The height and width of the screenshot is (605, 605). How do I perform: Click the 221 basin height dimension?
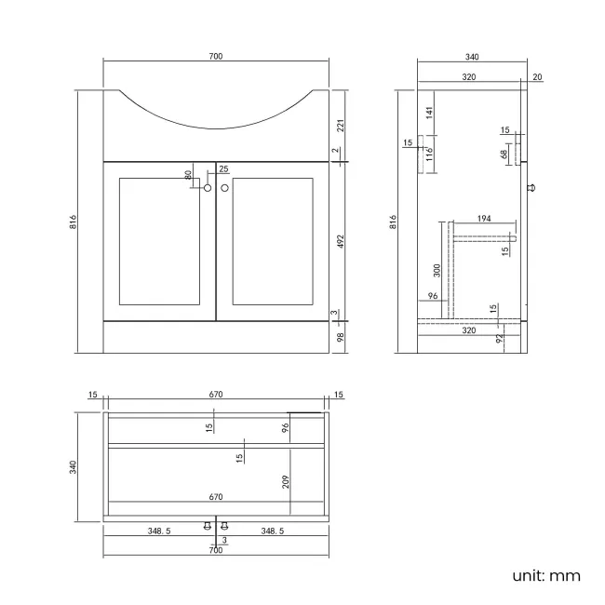pos(341,125)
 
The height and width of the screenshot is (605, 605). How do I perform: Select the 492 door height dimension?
pos(341,240)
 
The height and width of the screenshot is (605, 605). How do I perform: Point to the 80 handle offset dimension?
pos(188,174)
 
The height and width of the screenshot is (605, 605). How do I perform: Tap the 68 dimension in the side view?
pos(504,155)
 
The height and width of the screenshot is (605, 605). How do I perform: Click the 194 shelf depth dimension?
pos(483,218)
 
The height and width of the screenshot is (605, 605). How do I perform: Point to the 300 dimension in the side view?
pos(437,271)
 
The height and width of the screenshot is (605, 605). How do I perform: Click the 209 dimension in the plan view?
pos(287,481)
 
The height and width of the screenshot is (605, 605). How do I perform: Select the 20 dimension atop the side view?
pos(538,77)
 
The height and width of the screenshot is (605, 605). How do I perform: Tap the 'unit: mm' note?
pos(546,575)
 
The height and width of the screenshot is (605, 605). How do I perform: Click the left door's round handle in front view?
pos(208,188)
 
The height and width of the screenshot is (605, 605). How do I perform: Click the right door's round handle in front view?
pos(224,188)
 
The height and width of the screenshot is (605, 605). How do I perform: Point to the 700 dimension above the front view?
pos(216,57)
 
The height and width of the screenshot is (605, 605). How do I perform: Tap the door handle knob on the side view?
pos(531,188)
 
